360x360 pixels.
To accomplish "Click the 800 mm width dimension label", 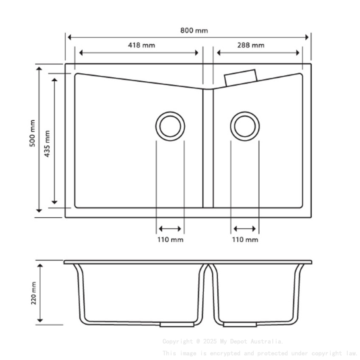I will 194,30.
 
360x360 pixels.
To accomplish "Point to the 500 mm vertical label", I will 33,133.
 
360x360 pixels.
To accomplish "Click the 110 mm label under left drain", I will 170,240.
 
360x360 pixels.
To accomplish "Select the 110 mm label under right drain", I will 245,240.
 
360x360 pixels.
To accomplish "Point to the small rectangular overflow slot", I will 241,78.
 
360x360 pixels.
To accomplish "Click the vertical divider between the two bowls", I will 208,148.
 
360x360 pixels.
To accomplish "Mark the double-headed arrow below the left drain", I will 170,229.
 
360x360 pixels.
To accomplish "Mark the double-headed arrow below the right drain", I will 245,229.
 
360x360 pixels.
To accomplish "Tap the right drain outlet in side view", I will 240,324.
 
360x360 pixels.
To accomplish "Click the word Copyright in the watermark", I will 177,341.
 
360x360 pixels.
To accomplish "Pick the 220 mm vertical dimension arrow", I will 40,293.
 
